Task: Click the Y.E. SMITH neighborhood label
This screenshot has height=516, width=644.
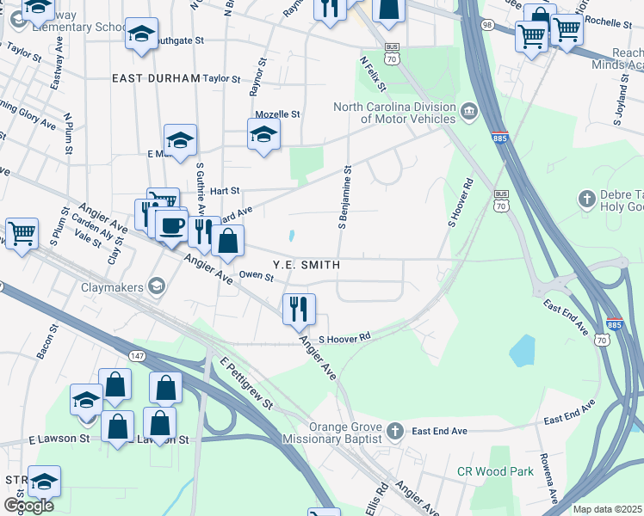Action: pos(306,266)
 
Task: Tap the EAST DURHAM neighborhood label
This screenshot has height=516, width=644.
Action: pos(156,77)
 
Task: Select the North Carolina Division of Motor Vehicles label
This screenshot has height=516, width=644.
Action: pos(395,113)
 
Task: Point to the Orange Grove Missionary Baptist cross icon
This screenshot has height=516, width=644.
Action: pos(394,430)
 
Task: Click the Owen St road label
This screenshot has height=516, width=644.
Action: pos(257,276)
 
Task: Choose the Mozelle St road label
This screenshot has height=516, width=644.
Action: pos(277,114)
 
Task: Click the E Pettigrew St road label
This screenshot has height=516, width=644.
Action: pos(245,384)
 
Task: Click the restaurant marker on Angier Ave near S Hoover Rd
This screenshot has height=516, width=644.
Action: pos(299,309)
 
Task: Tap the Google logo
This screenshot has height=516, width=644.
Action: pos(28,506)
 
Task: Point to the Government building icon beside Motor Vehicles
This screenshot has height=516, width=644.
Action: pos(469,111)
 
